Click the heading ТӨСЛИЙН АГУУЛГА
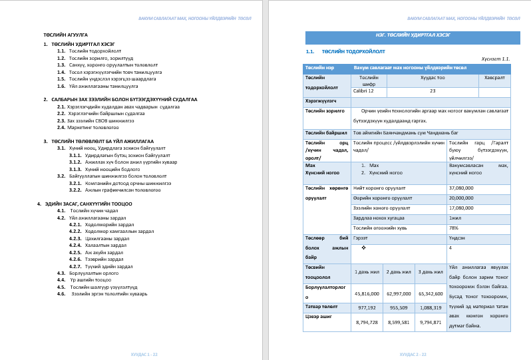(x=65, y=35)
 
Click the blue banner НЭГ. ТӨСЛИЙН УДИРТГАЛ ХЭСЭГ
(x=413, y=38)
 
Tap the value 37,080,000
(x=461, y=188)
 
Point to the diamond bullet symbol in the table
(x=364, y=248)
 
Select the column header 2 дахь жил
(x=399, y=271)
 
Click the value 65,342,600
(x=430, y=293)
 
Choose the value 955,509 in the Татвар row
(x=399, y=307)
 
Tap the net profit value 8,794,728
(x=367, y=322)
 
